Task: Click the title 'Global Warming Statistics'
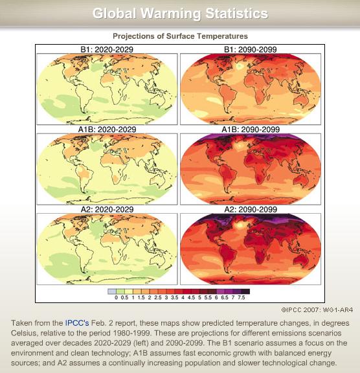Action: (180, 14)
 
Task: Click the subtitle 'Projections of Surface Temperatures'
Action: (180, 36)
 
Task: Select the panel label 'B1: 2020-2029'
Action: (107, 49)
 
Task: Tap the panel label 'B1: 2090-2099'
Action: (251, 49)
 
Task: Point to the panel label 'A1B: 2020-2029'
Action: (107, 130)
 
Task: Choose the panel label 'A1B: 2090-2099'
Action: (251, 130)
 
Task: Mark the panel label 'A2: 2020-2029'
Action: (107, 209)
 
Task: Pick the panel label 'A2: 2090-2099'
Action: (251, 209)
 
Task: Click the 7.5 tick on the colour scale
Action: (242, 297)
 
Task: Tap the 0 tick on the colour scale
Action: (117, 297)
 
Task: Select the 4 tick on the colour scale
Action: (183, 297)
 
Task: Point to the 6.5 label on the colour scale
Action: (225, 297)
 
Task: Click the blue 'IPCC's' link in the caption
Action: (77, 323)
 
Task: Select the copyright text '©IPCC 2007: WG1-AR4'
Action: (317, 310)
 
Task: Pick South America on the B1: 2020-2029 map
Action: (84, 95)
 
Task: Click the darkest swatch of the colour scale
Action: (245, 291)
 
